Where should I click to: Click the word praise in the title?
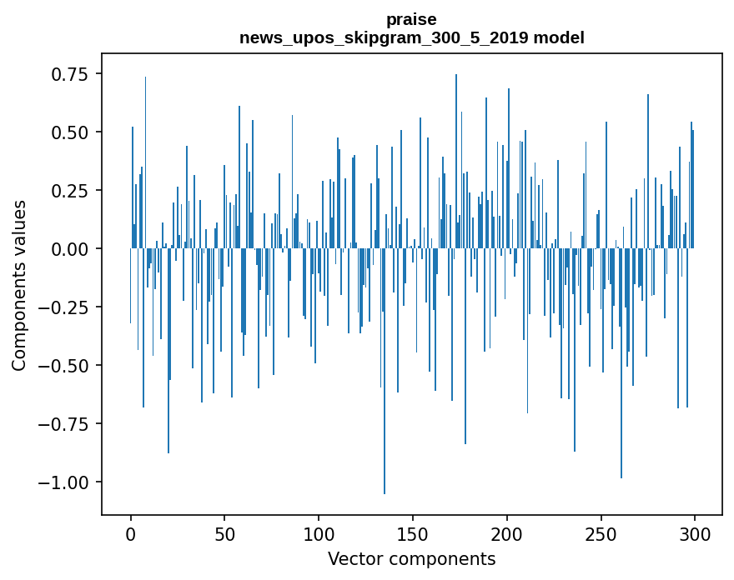[x=411, y=19]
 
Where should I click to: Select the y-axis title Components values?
[x=19, y=285]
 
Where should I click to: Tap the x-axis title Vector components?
[x=411, y=559]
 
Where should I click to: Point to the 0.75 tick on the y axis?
[x=69, y=75]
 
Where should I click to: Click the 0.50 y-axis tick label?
[x=69, y=132]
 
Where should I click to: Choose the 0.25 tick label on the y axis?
[x=69, y=191]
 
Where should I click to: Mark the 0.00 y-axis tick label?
[x=69, y=249]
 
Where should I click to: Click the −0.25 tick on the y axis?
[x=64, y=307]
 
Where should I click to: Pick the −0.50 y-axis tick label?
[x=64, y=366]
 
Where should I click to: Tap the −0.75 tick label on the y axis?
[x=64, y=424]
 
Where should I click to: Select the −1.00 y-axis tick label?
[x=64, y=482]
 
